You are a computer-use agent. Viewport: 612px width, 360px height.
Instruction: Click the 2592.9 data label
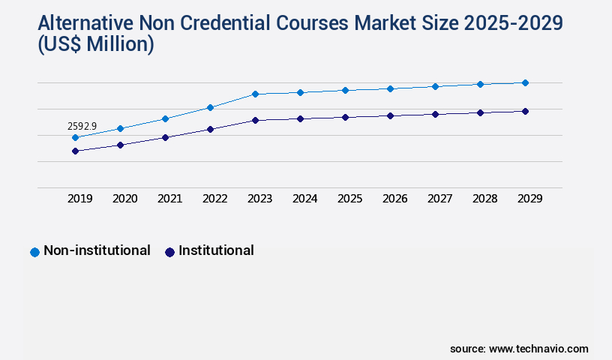(x=82, y=127)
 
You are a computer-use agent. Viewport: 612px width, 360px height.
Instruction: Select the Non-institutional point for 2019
(x=75, y=138)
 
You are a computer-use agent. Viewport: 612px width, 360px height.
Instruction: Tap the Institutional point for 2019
(x=75, y=151)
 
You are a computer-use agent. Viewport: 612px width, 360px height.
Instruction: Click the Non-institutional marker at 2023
(x=255, y=94)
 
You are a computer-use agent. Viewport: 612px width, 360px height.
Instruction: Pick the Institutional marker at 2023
(x=255, y=120)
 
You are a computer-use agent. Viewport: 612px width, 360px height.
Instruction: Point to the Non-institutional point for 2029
(x=525, y=82)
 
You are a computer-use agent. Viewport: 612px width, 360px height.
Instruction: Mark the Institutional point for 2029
(x=525, y=111)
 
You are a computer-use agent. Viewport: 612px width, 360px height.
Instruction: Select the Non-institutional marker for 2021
(x=165, y=118)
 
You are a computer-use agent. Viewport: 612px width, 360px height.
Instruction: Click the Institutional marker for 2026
(x=390, y=115)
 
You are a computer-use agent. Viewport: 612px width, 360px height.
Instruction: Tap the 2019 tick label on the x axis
(x=80, y=199)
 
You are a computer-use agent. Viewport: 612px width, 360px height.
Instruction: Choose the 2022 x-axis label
(x=215, y=199)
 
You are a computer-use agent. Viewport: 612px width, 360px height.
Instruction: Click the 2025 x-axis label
(x=350, y=199)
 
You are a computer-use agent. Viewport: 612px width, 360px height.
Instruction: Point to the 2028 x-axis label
(x=485, y=199)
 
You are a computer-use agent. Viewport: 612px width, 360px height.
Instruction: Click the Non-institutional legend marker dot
(x=34, y=252)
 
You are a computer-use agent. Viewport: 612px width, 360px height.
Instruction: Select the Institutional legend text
(x=216, y=250)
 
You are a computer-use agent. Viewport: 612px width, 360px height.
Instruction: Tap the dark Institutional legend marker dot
(x=169, y=252)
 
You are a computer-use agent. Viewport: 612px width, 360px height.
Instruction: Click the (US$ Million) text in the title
(x=96, y=45)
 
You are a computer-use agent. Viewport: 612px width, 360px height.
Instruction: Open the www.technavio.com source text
(x=538, y=349)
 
